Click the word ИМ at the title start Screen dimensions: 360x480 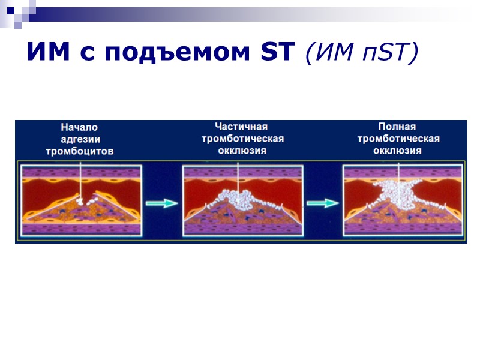[x=45, y=53]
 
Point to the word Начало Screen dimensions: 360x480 [x=79, y=127]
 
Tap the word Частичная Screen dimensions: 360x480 [x=241, y=127]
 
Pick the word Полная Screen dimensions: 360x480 [x=397, y=127]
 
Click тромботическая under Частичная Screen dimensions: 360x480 [x=242, y=139]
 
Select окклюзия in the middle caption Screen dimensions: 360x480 [x=242, y=151]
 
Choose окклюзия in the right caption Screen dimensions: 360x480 [x=397, y=151]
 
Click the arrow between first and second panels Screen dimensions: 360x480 [x=162, y=203]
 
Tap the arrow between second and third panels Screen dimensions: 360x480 [x=323, y=203]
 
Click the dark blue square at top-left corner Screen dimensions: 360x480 [x=10, y=10]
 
